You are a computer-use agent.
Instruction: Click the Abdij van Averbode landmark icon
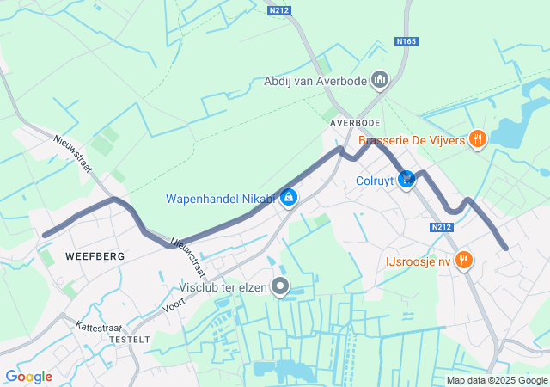click(380, 81)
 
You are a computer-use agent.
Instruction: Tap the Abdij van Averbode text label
click(315, 82)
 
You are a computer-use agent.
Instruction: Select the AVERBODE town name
click(355, 123)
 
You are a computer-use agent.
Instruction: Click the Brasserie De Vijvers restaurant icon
click(479, 139)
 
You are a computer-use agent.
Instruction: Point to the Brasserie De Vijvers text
click(412, 139)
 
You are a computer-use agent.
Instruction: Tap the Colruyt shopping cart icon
click(407, 180)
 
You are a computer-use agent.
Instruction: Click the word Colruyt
click(375, 181)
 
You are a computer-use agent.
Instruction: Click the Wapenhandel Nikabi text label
click(220, 200)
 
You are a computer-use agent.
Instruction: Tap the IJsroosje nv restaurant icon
click(464, 260)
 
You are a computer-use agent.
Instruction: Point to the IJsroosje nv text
click(419, 260)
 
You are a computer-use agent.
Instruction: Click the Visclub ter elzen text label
click(224, 286)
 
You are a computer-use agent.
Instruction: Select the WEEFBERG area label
click(95, 256)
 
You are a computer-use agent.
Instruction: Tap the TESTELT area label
click(130, 340)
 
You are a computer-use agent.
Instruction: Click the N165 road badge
click(406, 41)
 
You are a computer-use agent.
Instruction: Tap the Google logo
click(28, 377)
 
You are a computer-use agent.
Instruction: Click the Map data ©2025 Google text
click(496, 380)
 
